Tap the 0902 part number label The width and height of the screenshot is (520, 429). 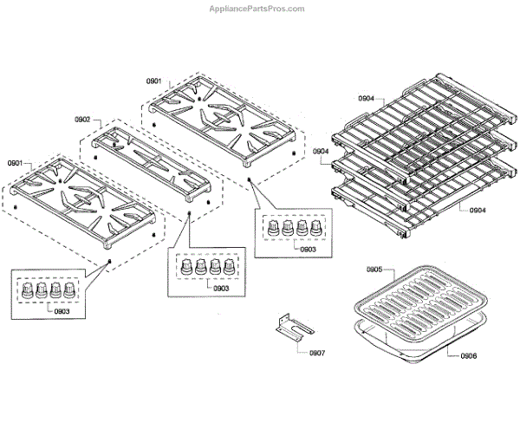pos(83,119)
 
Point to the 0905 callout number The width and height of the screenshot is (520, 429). pos(374,270)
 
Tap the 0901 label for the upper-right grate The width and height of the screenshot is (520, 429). pos(153,81)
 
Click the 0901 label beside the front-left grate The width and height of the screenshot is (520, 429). pos(16,163)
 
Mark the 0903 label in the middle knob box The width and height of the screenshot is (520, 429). pos(220,287)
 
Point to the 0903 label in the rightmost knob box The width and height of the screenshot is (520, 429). pos(307,250)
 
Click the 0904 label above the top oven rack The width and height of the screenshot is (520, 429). pos(366,99)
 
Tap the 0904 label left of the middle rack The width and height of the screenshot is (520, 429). pos(322,152)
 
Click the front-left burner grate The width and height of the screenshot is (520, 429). pos(82,204)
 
